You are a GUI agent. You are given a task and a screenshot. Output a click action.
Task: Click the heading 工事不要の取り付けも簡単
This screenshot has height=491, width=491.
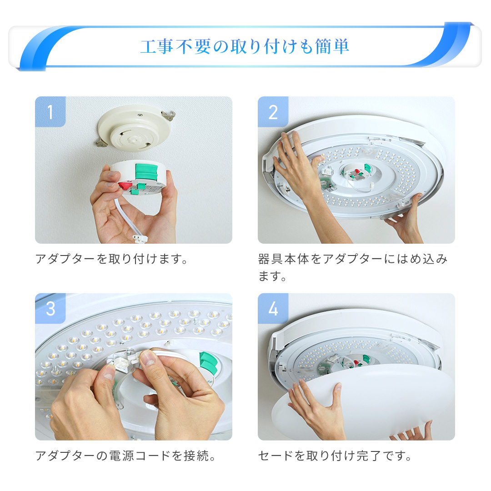245,46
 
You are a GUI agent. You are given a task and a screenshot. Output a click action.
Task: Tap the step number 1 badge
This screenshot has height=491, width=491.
50,112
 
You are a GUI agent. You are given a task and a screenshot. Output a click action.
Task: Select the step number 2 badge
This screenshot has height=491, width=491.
273,112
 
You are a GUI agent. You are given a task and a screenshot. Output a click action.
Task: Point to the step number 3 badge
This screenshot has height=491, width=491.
50,308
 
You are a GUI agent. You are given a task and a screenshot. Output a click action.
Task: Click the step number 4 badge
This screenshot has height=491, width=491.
273,308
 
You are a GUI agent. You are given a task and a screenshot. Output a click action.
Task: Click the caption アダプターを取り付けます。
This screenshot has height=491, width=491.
111,259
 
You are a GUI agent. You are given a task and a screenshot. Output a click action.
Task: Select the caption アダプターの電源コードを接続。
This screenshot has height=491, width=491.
125,456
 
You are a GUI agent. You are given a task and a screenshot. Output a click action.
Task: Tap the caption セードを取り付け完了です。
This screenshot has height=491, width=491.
335,456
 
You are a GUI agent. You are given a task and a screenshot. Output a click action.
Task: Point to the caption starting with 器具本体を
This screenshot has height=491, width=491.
353,267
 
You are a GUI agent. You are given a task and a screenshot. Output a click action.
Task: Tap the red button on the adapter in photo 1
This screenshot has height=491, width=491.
124,185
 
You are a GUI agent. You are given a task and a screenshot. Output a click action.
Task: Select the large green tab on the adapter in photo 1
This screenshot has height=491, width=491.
146,171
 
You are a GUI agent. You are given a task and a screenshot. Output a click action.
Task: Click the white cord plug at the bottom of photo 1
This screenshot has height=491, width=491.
140,239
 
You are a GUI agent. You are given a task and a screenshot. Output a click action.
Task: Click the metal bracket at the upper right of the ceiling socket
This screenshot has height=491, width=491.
168,115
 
